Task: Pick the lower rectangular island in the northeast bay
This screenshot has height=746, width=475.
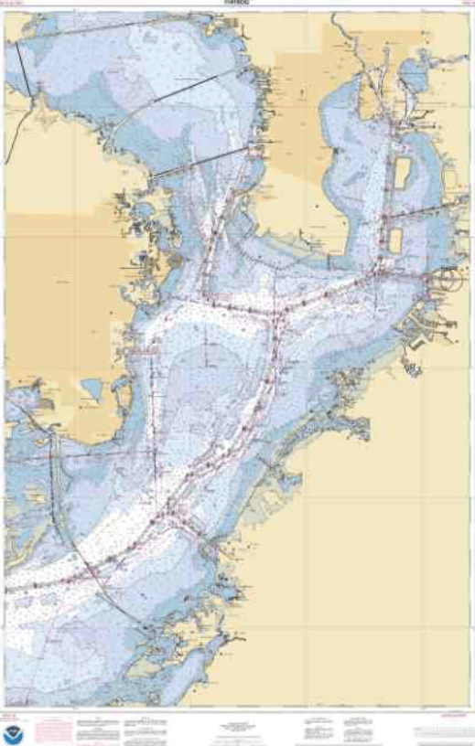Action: (x=395, y=240)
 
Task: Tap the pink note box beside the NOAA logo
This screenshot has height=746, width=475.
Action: (x=54, y=730)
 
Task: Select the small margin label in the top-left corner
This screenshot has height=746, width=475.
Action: (x=13, y=5)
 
